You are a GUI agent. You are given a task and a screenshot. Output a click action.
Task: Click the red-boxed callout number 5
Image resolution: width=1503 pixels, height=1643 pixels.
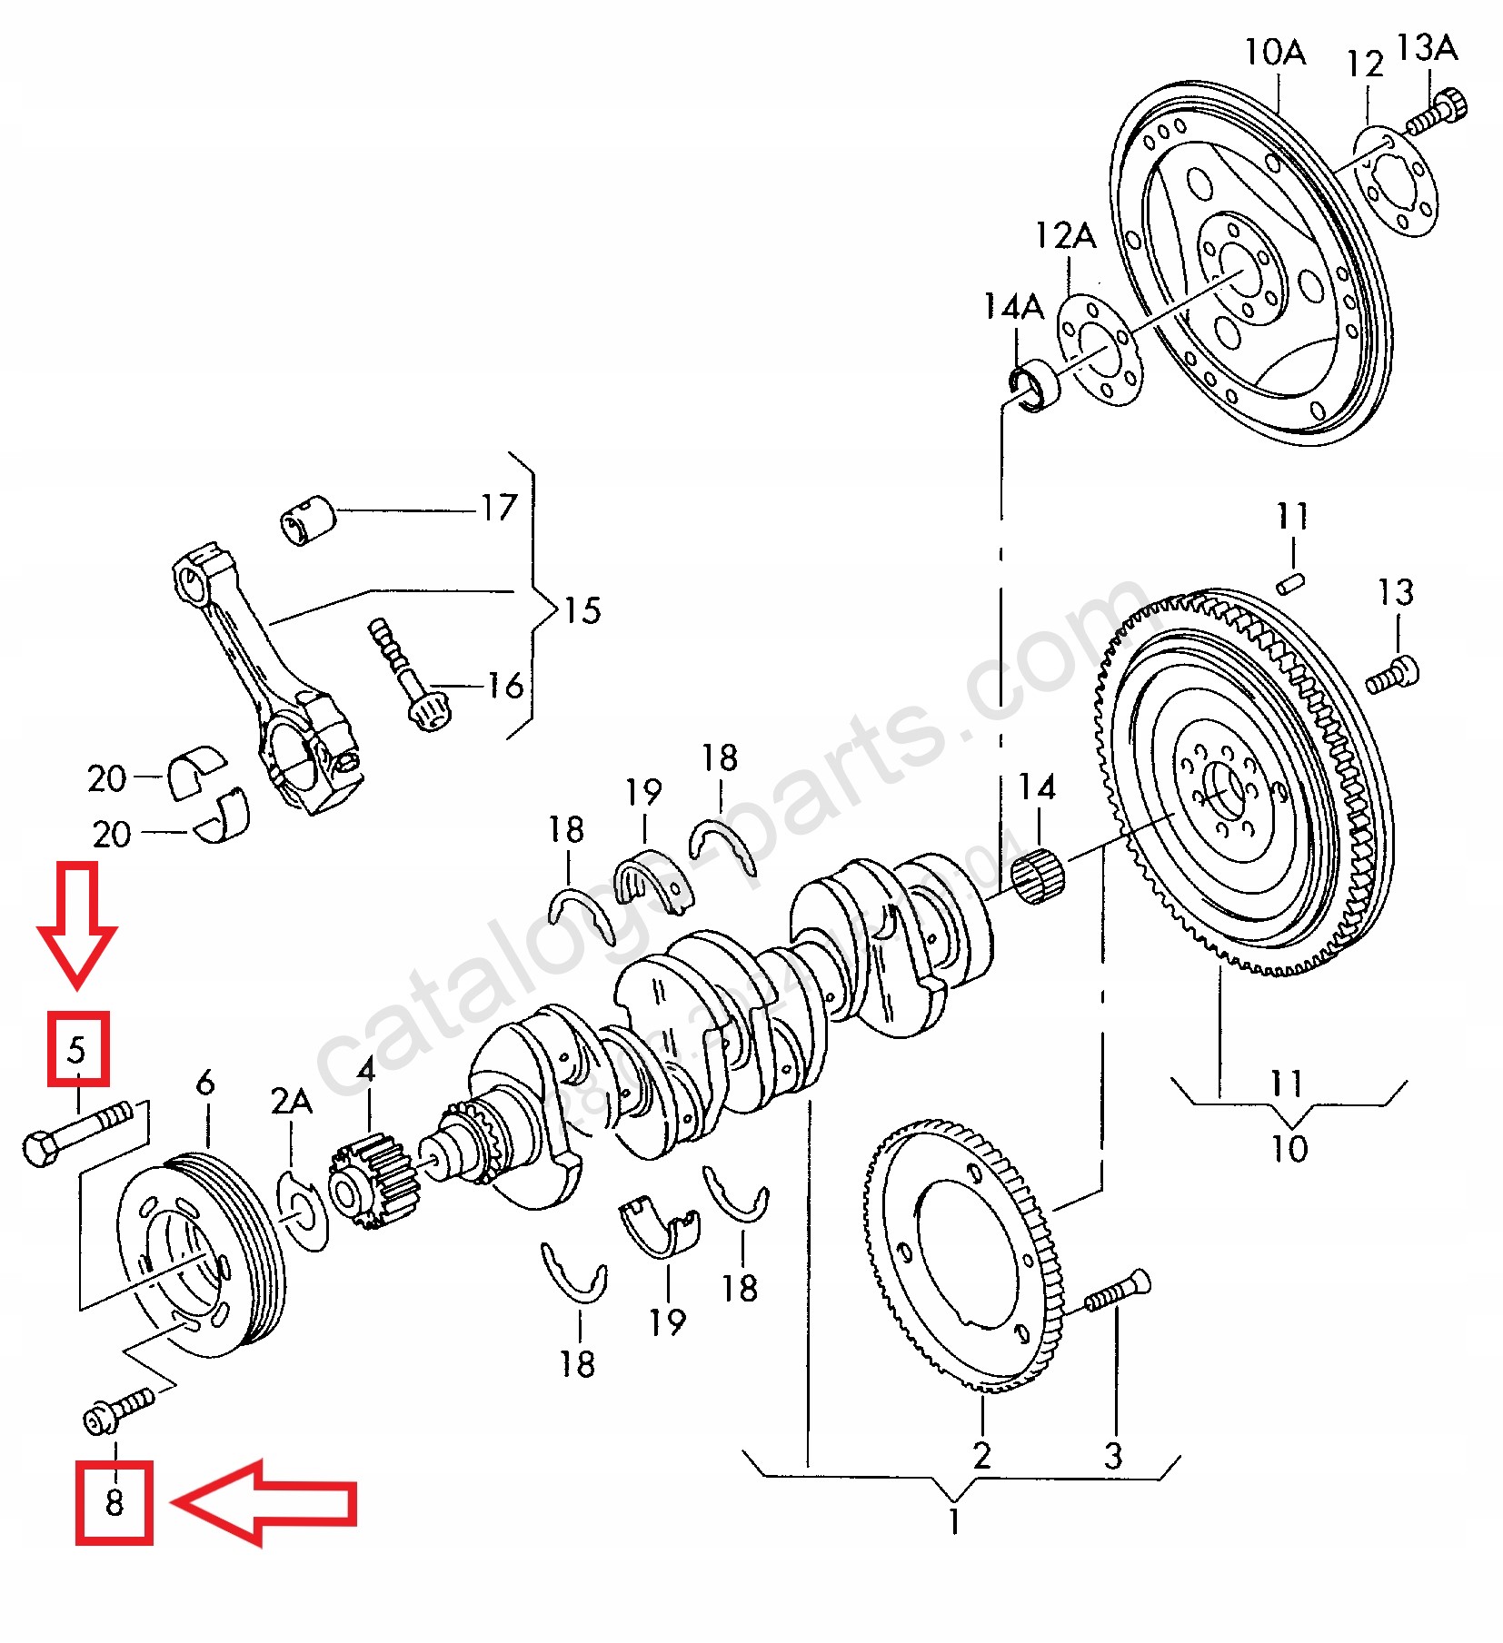(x=77, y=1049)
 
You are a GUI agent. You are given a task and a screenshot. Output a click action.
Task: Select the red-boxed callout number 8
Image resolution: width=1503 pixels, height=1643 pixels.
(x=114, y=1501)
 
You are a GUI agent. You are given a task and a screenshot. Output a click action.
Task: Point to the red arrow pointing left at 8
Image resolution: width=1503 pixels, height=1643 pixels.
(x=264, y=1502)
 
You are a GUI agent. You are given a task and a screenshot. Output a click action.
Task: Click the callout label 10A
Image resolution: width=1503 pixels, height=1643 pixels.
(x=1274, y=53)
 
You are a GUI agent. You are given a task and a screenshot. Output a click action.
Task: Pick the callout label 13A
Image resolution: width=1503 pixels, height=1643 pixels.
(x=1425, y=47)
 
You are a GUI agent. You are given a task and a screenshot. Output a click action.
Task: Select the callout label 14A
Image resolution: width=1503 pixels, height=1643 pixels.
(x=1013, y=307)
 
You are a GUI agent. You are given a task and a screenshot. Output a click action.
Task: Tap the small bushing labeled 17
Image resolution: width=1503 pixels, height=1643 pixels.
(x=307, y=520)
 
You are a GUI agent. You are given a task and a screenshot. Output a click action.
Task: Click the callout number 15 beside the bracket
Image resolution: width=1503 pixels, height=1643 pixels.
(x=582, y=610)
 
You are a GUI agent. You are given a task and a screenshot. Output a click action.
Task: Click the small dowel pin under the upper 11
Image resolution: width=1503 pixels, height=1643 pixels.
(x=1290, y=582)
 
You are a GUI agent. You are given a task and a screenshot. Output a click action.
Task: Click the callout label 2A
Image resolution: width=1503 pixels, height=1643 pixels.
(x=291, y=1101)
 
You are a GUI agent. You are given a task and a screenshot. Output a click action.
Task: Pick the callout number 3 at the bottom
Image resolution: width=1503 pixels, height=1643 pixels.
(x=1113, y=1456)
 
